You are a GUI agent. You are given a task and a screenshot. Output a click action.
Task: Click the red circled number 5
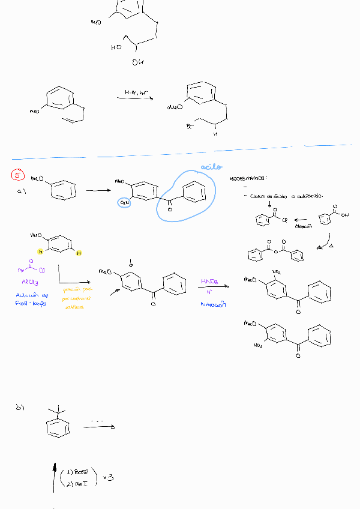17,175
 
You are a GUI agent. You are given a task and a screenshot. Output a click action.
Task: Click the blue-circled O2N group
124,203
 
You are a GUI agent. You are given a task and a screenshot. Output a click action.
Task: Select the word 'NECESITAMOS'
247,179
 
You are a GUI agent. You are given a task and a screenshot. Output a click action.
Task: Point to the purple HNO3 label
209,282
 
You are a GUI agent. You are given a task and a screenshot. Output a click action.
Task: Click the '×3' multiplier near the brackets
108,478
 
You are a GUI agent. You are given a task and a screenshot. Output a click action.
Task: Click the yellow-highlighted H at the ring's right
79,253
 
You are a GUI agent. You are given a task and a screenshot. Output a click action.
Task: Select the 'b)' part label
20,408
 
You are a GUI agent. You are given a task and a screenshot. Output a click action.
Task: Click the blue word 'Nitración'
212,304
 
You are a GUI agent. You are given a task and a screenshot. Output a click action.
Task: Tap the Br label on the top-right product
190,127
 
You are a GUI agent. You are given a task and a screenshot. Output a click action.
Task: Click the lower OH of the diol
137,62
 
